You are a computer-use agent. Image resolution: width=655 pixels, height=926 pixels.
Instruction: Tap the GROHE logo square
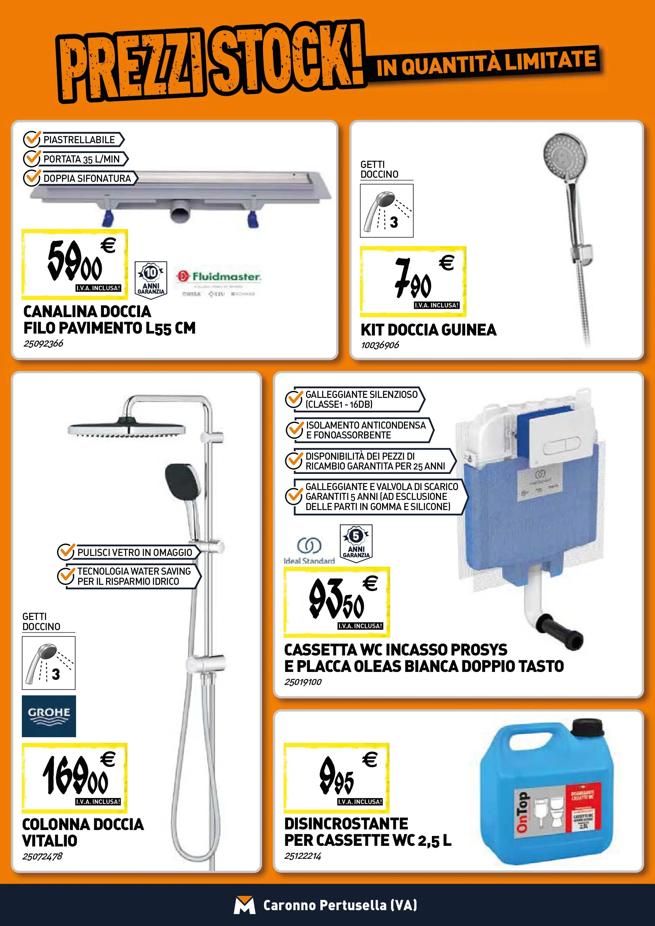pos(49,716)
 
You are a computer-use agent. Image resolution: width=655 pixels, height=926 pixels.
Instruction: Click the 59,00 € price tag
pos(74,264)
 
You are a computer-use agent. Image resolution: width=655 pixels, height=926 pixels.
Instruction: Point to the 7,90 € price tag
pos(413,281)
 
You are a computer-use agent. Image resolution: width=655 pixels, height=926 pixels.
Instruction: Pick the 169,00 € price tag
pos(74,778)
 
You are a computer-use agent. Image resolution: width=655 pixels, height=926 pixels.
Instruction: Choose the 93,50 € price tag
pos(337,601)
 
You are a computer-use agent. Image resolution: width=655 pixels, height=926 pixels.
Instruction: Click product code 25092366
pos(43,344)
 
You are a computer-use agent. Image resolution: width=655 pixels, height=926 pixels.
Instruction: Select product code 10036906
pos(380,345)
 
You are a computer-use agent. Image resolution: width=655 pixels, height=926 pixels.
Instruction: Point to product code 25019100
pos(303,682)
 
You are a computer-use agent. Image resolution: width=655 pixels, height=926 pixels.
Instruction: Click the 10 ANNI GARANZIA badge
pos(151,280)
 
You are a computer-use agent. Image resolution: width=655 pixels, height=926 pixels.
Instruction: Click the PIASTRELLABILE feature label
pos(79,139)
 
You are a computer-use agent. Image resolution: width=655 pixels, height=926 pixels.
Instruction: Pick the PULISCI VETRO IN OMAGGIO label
pos(134,552)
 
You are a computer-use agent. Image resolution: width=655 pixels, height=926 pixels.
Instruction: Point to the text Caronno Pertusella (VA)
pos(340,905)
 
